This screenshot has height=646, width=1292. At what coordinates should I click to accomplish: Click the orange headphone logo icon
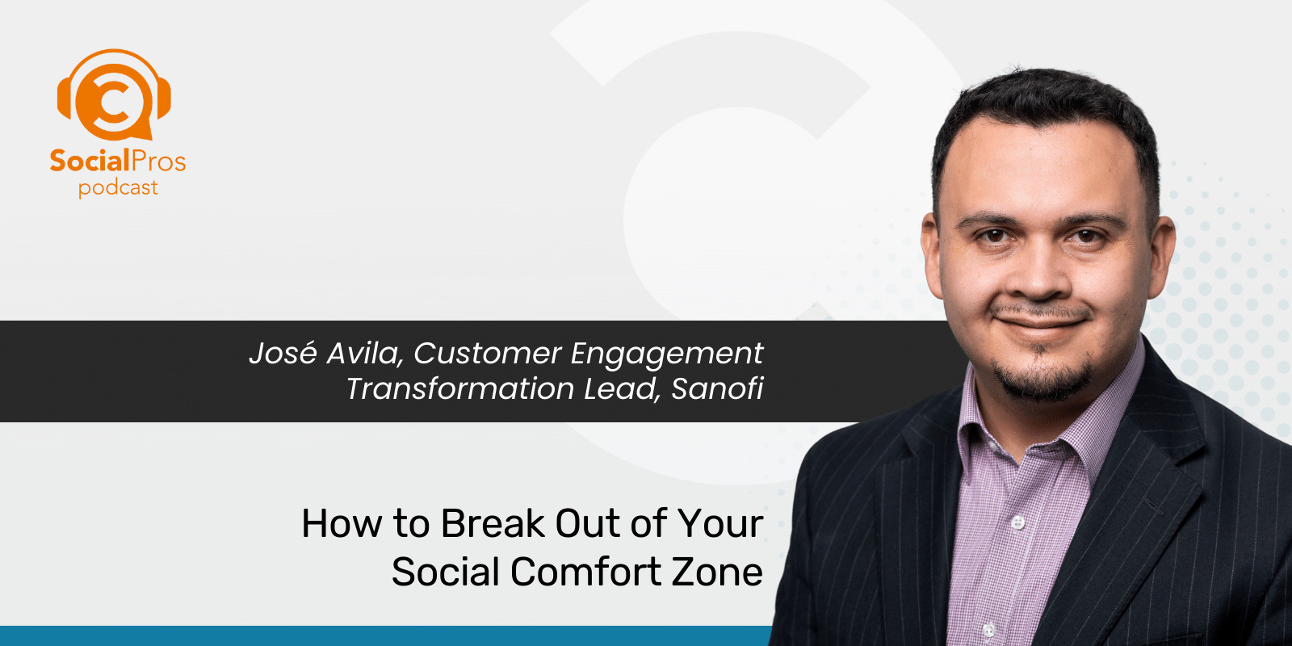click(x=114, y=95)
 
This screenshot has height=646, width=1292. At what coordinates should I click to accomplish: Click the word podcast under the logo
click(x=118, y=188)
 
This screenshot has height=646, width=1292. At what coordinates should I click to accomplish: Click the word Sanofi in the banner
click(x=717, y=389)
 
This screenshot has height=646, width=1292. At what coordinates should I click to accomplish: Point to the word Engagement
click(x=666, y=354)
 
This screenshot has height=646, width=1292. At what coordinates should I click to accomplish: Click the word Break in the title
click(x=493, y=523)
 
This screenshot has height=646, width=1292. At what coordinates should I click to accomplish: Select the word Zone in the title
click(x=717, y=572)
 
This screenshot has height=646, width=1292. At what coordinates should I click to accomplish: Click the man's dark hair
click(x=1050, y=105)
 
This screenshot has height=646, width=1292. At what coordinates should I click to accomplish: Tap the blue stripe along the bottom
click(x=380, y=636)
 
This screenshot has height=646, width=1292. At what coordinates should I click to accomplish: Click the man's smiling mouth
click(x=1042, y=323)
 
